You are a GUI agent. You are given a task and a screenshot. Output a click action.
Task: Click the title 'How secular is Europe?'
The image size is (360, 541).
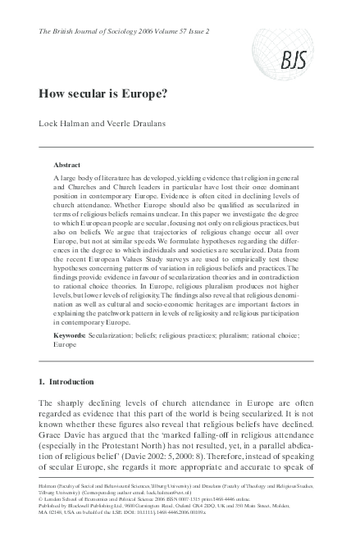103,93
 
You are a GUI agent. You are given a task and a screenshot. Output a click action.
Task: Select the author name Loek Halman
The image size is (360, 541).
64,125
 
